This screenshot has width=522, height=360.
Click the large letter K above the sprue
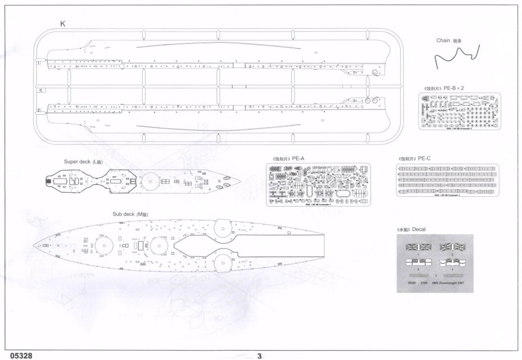[x=62, y=24]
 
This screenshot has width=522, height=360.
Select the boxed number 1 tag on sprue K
[x=38, y=63]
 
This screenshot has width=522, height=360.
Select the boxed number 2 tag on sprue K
[x=38, y=110]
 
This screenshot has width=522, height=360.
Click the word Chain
[x=443, y=40]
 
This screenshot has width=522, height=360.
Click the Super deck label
[x=81, y=162]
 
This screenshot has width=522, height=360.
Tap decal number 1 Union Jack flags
[x=418, y=247]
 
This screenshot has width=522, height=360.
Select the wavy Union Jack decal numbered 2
[x=452, y=247]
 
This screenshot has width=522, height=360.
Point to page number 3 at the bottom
[x=259, y=355]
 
